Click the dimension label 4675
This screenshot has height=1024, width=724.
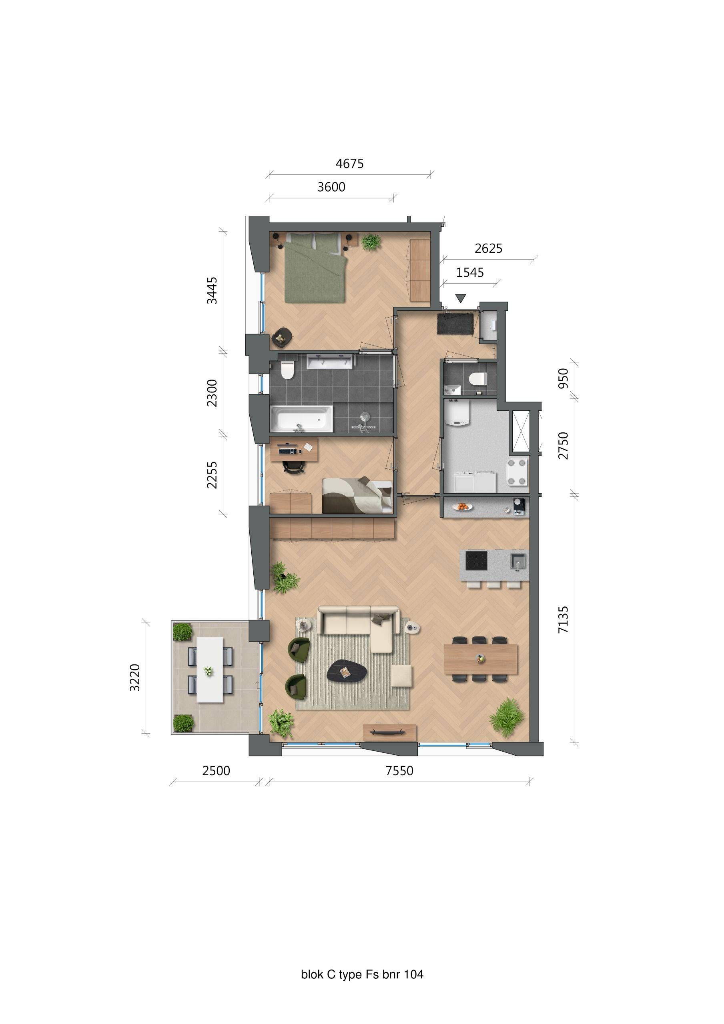point(349,164)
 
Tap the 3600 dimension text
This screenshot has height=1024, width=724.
point(331,187)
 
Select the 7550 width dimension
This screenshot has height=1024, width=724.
point(399,771)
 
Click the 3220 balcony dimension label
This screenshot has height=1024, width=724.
point(135,678)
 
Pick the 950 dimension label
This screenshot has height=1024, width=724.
point(564,378)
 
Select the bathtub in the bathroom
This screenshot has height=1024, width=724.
point(301,419)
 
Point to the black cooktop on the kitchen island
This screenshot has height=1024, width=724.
point(477,561)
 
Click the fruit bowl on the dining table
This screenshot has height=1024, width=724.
point(480,658)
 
